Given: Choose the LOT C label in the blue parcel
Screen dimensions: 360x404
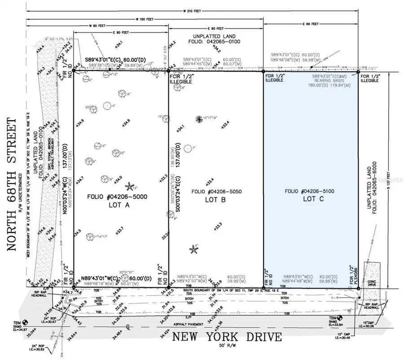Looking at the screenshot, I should point(310,198).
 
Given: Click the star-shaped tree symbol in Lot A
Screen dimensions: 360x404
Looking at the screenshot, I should point(129,186).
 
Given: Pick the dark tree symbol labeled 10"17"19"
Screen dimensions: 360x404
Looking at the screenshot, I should point(199,119).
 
